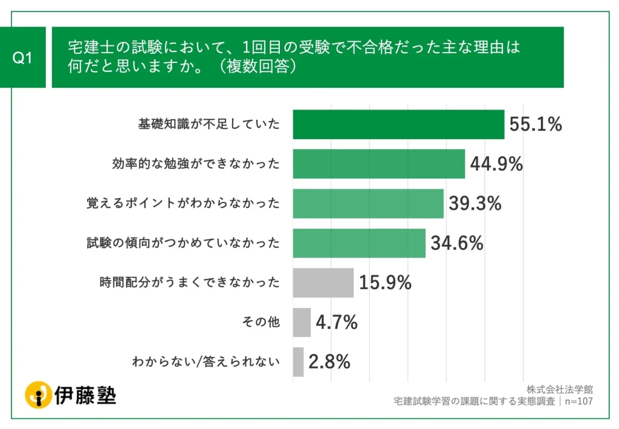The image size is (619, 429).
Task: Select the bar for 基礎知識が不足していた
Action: [398, 125]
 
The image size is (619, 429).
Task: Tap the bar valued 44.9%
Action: [378, 164]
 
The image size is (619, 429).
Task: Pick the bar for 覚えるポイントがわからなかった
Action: [368, 203]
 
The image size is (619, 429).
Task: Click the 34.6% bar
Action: [359, 243]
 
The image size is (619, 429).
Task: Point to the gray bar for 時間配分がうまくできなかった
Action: [323, 283]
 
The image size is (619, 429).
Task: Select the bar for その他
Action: [302, 323]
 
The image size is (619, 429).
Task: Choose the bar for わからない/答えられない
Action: [298, 362]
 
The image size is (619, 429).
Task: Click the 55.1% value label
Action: [536, 125]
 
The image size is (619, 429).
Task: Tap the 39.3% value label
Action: [475, 204]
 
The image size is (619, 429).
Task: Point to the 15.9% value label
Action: [385, 283]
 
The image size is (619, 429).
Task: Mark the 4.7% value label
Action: [337, 323]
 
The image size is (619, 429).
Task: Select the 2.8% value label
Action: [329, 362]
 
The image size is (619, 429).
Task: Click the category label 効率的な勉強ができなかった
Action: [196, 164]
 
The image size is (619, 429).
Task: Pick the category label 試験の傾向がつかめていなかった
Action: [184, 243]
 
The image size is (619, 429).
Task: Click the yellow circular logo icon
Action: [38, 395]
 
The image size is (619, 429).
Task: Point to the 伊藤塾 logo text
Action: [85, 395]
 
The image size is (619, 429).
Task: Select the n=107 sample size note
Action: [577, 401]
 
